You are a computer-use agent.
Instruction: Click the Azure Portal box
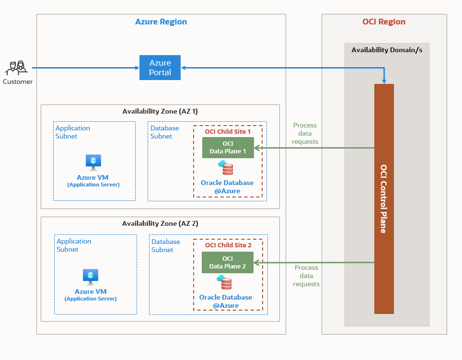160,68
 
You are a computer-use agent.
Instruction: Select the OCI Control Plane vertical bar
384,198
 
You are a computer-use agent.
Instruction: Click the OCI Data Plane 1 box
228,148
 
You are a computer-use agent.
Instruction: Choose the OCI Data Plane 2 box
227,262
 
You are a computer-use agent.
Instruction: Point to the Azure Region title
161,22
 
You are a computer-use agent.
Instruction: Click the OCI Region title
383,22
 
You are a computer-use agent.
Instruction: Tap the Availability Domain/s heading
387,50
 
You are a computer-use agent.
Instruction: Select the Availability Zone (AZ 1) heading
160,111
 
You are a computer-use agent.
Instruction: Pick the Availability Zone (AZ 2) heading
160,223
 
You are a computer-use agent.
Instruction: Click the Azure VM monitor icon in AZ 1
93,162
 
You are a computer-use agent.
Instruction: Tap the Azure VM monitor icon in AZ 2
90,276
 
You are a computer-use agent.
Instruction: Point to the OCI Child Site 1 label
228,131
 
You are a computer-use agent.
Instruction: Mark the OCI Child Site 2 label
228,245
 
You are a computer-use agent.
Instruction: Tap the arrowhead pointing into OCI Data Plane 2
256,262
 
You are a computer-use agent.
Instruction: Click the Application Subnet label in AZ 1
73,132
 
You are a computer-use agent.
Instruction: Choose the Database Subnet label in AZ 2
166,246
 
